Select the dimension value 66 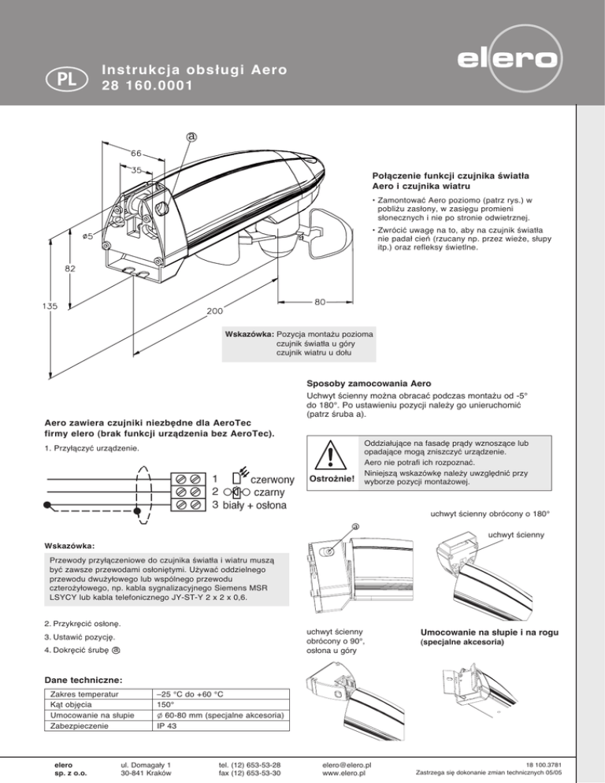tap(136, 152)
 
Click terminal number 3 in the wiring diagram tap(214, 504)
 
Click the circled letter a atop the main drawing tap(191, 135)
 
